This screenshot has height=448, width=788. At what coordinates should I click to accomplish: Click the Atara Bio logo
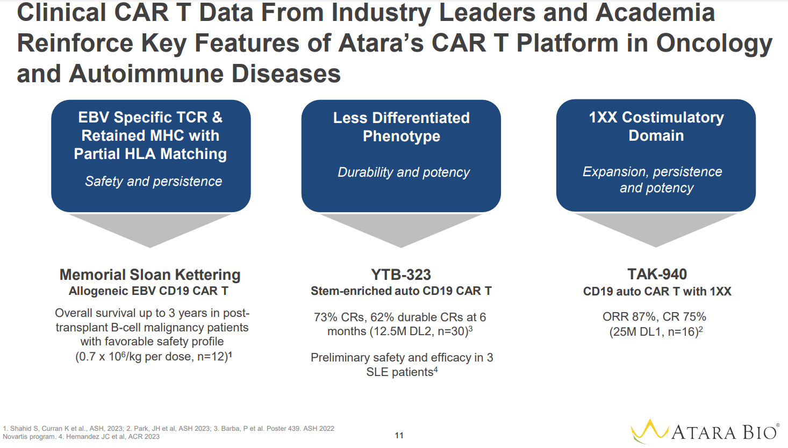coord(704,431)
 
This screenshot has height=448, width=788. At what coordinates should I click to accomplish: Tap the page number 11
coord(399,436)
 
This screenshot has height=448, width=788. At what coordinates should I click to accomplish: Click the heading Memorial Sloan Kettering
coord(150,274)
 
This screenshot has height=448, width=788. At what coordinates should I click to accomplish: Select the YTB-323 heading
coord(401,274)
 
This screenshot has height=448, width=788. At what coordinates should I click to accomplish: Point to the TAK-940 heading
coord(657,274)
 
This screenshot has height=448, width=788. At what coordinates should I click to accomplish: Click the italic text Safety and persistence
coord(153,182)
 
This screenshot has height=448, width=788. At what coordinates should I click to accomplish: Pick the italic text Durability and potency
coord(403,172)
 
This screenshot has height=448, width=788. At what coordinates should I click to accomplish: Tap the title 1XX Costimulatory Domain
coord(656,126)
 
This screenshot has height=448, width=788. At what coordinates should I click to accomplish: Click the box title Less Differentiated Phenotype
coord(401,127)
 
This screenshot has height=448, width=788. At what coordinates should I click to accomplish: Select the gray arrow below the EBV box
coord(150,228)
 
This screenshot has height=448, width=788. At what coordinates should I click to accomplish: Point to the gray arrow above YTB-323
coord(401,228)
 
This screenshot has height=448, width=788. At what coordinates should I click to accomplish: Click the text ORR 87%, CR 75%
coord(654,317)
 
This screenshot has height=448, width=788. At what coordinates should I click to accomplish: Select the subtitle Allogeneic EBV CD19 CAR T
coord(148,291)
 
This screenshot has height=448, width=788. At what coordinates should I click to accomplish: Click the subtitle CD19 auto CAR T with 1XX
coord(657,292)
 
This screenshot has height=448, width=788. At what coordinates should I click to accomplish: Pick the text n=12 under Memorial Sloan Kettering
coord(211,357)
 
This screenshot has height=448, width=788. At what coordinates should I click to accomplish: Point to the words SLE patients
coord(399,372)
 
